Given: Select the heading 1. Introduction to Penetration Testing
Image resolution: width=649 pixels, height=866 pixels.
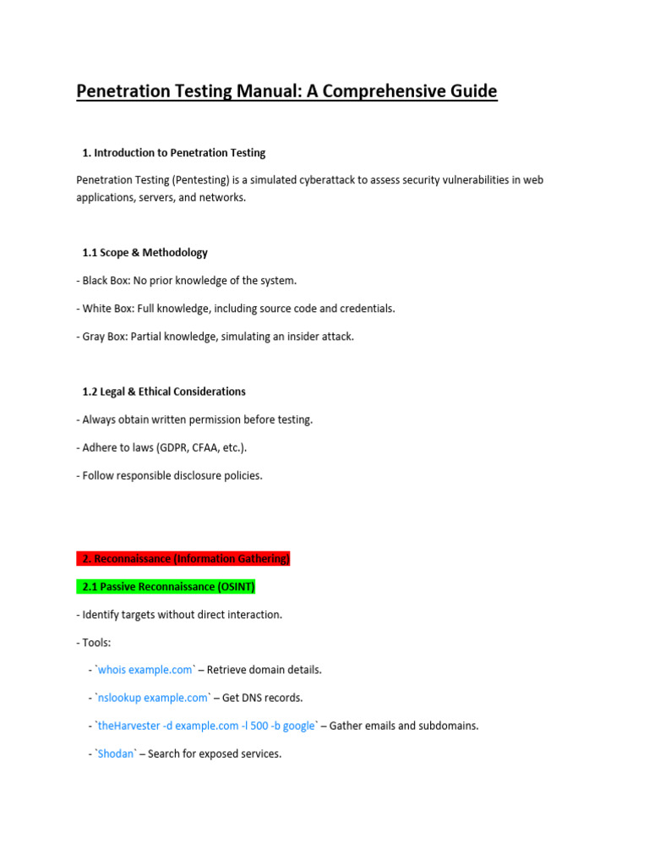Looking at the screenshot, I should (x=173, y=153).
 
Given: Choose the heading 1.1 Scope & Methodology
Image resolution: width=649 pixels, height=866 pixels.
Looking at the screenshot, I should (x=145, y=253).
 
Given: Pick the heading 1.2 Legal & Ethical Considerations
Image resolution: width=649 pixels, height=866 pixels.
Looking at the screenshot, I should (x=164, y=392).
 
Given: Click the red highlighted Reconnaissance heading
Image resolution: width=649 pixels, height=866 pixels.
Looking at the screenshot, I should (x=183, y=558).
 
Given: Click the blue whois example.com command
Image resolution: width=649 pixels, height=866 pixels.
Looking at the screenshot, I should (x=145, y=670).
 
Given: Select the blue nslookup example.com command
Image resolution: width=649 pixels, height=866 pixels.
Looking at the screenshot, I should (x=153, y=698).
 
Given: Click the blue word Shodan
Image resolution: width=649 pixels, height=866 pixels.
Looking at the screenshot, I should (x=116, y=754).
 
